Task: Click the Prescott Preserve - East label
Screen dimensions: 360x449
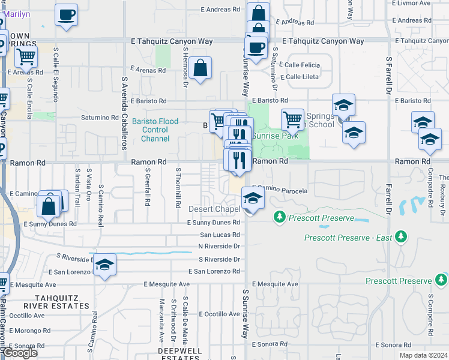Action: [x=348, y=238]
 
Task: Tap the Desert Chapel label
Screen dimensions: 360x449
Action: [x=214, y=209]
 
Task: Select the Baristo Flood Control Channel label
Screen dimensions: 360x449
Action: [x=155, y=130]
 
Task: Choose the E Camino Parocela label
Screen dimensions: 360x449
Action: [x=279, y=191]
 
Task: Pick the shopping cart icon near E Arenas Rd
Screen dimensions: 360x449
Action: [x=26, y=57]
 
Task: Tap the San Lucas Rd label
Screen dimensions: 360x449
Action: [x=220, y=235]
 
